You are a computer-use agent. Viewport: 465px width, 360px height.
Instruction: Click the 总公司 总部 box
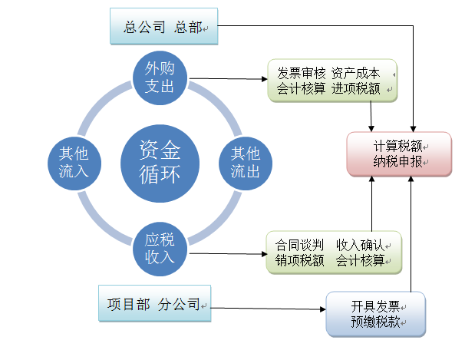tap(163, 28)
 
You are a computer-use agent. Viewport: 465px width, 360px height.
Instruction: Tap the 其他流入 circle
tap(74, 162)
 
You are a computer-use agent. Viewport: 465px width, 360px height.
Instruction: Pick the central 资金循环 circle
tap(160, 162)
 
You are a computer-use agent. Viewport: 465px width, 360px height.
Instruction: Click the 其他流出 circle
tap(246, 162)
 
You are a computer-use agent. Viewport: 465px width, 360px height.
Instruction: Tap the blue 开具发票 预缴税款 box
tap(376, 314)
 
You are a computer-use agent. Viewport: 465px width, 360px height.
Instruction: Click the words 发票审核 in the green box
tap(302, 74)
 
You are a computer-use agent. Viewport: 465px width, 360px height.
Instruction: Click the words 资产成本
tap(356, 74)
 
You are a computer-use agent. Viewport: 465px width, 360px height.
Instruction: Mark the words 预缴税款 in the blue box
tap(375, 322)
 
